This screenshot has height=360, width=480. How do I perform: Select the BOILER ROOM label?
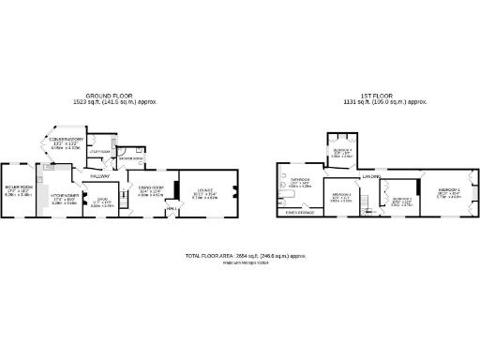click(18, 190)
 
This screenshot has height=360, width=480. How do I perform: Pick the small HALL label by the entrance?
click(172, 209)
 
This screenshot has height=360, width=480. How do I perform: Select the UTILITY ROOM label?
click(100, 151)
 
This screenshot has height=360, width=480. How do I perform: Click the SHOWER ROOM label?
click(130, 157)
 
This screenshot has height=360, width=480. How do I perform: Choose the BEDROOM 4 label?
click(341, 150)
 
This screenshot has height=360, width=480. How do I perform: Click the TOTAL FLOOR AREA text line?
click(247, 255)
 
